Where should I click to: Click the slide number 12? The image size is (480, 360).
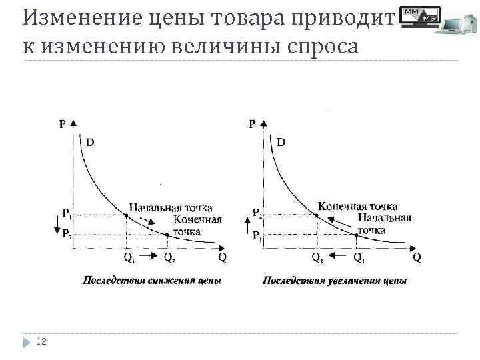click(x=42, y=342)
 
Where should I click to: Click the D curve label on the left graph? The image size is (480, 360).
click(x=89, y=141)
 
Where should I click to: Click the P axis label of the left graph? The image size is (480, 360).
click(x=63, y=123)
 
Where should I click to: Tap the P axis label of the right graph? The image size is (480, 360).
click(x=252, y=123)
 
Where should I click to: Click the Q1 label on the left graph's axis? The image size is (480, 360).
click(x=129, y=257)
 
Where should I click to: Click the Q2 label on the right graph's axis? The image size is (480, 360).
click(x=318, y=257)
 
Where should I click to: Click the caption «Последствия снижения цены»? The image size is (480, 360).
click(x=152, y=280)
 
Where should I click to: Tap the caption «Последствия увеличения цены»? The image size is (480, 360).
click(x=335, y=280)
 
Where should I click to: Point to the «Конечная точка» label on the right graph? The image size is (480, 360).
click(x=357, y=206)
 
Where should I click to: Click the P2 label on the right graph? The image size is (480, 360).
click(x=257, y=214)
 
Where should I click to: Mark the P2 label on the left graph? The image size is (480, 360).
click(x=68, y=234)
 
